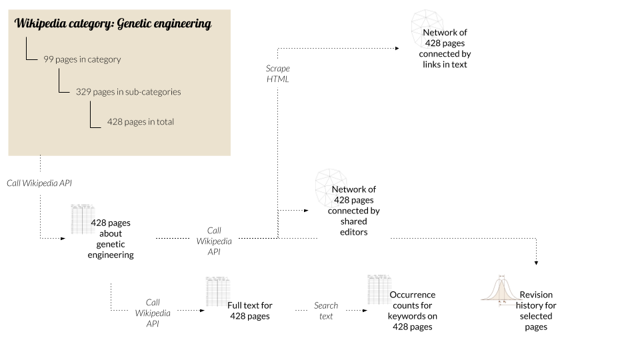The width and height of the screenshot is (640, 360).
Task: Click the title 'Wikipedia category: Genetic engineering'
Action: pos(113,25)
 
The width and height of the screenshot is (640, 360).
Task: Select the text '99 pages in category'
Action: pos(82,59)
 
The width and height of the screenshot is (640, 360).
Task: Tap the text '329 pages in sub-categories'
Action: pos(128,91)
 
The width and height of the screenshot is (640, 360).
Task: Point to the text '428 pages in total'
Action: pos(141,122)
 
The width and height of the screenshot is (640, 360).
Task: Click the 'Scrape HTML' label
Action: pos(278,74)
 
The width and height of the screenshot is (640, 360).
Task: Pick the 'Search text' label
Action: pos(326,311)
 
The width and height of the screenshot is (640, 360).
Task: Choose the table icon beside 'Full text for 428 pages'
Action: pos(218,291)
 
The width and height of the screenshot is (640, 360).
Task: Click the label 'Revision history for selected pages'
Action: pos(536,311)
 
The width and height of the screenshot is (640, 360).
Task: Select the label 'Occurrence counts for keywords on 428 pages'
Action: pos(412,311)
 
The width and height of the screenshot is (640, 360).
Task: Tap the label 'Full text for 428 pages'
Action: pos(250,311)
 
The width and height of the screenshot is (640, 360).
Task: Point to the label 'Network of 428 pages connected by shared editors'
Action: pos(354,211)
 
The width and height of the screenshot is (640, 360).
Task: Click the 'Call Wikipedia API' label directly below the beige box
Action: pos(39,183)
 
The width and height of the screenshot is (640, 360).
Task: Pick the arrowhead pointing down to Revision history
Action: pos(536,263)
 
